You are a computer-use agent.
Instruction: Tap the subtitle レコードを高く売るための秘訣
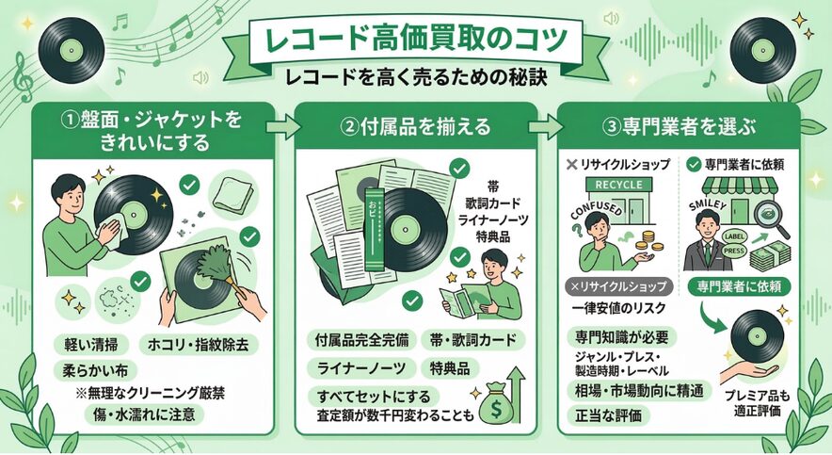pyautogui.click(x=417, y=76)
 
